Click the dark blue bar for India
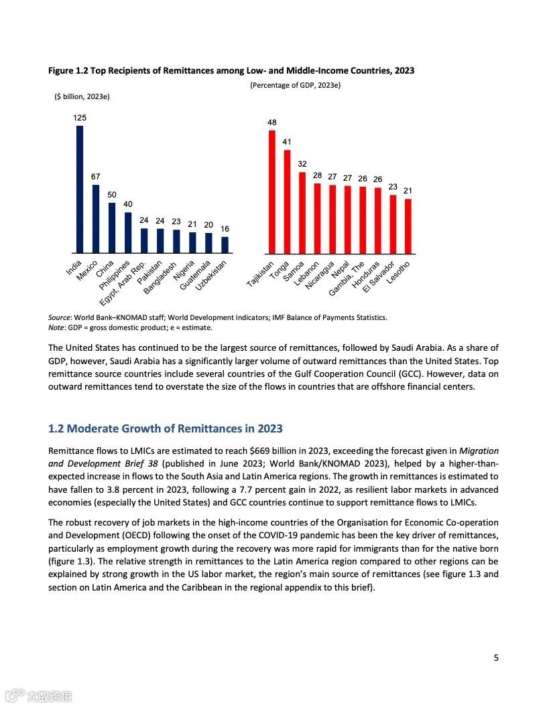pos(80,189)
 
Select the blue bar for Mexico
pos(96,219)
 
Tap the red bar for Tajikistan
pos(272,191)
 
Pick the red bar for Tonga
pos(287,202)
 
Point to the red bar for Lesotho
pos(408,226)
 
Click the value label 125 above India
pos(80,118)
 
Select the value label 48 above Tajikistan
pos(272,123)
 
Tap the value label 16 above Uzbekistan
pos(225,229)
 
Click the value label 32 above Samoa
pos(302,164)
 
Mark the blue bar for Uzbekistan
pos(225,245)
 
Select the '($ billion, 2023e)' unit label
pos(82,96)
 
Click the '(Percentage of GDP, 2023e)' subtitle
pos(296,85)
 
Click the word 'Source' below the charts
pos(61,317)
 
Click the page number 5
pos(496,657)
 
